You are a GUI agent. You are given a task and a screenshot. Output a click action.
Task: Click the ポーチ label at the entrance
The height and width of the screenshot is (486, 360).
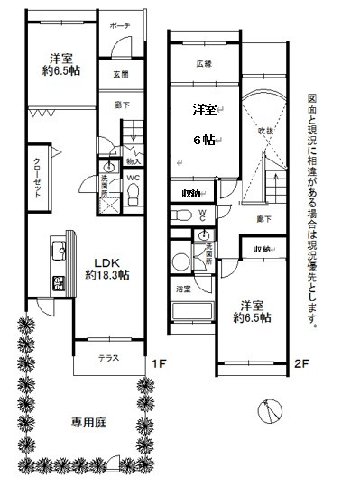[120, 25]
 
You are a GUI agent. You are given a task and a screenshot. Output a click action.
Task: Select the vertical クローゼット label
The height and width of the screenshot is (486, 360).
[38, 179]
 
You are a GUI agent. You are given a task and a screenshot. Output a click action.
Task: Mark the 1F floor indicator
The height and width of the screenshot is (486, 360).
[158, 364]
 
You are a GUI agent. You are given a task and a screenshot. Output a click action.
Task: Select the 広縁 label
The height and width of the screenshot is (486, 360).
[204, 63]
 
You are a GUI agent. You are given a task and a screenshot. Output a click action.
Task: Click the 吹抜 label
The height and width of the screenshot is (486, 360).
[266, 131]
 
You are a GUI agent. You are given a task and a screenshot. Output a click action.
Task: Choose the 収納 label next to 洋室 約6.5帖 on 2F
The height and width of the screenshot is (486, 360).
[263, 248]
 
